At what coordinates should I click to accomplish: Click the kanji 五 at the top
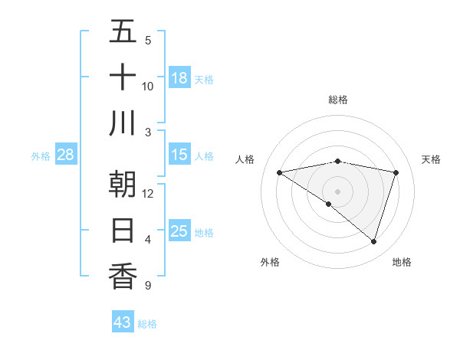click(x=123, y=32)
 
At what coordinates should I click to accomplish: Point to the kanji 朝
click(x=123, y=185)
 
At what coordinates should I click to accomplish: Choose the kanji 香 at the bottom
click(x=123, y=275)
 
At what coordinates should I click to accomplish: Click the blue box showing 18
click(x=179, y=78)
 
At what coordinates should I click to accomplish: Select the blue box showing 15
click(x=179, y=155)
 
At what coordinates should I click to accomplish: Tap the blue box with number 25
click(x=179, y=231)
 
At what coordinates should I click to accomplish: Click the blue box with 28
click(x=66, y=155)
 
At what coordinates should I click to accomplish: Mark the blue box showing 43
click(x=123, y=322)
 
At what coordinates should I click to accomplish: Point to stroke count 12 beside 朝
click(x=148, y=193)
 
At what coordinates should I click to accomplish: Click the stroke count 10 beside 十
click(x=148, y=86)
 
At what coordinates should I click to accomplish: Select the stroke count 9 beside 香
click(x=148, y=286)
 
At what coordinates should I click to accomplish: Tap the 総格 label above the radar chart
click(x=338, y=100)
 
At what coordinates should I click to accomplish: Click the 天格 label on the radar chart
click(x=431, y=159)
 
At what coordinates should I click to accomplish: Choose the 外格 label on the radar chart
click(x=270, y=262)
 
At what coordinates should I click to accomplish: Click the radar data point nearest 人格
click(x=280, y=172)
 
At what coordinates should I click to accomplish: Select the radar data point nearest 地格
click(x=373, y=241)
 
